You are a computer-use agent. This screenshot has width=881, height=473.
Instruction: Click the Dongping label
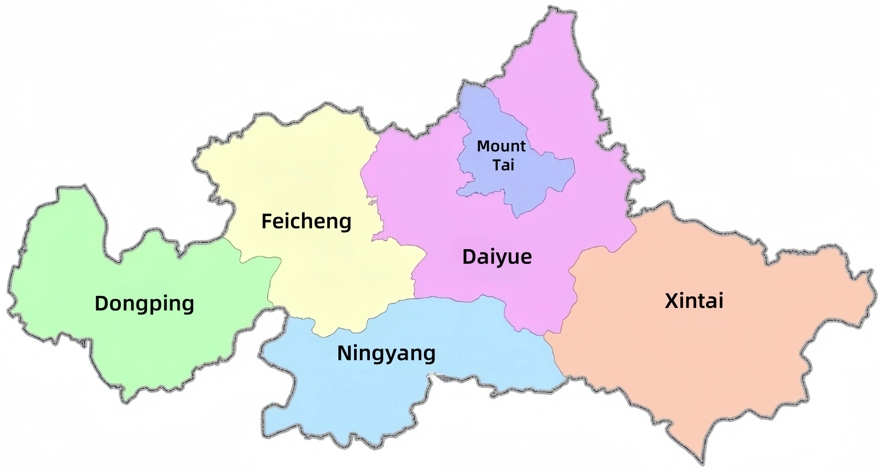[144, 304]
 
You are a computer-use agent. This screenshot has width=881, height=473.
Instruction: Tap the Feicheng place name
[306, 221]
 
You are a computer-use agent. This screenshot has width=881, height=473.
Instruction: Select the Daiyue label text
[497, 257]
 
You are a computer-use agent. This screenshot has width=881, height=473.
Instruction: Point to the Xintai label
[694, 301]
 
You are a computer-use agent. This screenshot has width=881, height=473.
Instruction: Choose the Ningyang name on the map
[386, 353]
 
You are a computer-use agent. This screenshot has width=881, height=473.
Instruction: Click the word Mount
[501, 146]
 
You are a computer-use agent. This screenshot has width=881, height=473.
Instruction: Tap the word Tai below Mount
[503, 165]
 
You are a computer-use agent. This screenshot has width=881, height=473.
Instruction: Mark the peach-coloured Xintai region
[709, 357]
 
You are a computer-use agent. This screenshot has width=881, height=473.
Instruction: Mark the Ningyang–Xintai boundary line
[557, 357]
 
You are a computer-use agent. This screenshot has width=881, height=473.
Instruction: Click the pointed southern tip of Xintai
[701, 461]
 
